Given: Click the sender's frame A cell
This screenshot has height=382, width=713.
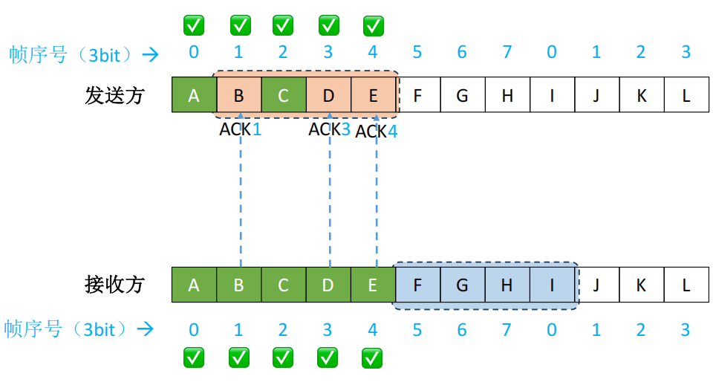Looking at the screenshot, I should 194,95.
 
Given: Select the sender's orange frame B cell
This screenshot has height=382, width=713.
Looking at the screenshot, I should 238,95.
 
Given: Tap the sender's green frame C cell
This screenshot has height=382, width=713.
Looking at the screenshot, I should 283,95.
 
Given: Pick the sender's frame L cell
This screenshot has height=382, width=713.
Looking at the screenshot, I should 686,95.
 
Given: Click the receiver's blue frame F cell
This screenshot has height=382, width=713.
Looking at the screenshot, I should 417,285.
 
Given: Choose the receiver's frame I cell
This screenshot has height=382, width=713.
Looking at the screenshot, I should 552,285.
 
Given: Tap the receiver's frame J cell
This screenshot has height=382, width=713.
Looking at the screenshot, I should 596,285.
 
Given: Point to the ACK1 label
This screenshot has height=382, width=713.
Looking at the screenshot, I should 241,129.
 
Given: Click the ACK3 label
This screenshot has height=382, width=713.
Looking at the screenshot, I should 330,129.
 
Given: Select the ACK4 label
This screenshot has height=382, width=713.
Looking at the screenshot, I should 377,132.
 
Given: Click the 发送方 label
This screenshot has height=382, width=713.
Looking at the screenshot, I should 114,95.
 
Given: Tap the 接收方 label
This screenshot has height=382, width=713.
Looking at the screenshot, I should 114,285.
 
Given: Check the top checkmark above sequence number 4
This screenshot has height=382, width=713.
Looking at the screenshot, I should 373,26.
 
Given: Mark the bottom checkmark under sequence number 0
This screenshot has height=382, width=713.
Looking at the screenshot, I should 194,358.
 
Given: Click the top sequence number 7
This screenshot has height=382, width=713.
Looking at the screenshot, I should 507,53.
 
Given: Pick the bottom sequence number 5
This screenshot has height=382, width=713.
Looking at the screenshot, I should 417,329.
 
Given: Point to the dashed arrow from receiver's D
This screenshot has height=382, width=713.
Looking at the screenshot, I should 330,201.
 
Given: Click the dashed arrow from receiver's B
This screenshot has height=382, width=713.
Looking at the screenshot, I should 241,201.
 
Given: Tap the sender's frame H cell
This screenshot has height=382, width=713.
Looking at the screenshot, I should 507,95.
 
